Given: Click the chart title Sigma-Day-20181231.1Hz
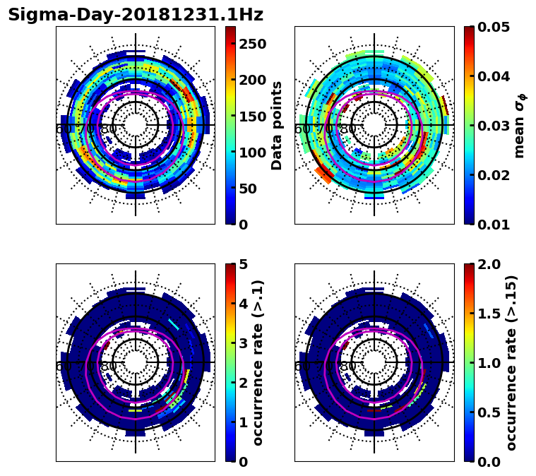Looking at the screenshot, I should pyautogui.click(x=136, y=15).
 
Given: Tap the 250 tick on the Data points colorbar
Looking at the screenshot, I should pyautogui.click(x=253, y=44).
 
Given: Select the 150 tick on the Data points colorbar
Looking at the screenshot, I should pyautogui.click(x=253, y=117).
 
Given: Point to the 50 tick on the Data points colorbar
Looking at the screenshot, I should pyautogui.click(x=248, y=189).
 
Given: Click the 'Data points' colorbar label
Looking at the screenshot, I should pyautogui.click(x=277, y=125).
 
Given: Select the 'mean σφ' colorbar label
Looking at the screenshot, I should pyautogui.click(x=519, y=125).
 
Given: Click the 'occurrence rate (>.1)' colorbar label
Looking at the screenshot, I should pyautogui.click(x=258, y=362).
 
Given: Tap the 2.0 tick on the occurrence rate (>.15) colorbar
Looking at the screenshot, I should pyautogui.click(x=486, y=264).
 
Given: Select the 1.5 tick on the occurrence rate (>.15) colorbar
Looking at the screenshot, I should pyautogui.click(x=486, y=314).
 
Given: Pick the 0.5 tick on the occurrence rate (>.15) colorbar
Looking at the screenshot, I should pyautogui.click(x=486, y=412).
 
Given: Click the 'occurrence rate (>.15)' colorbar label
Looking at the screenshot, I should pyautogui.click(x=511, y=362).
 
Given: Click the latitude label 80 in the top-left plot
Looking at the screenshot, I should pyautogui.click(x=109, y=130).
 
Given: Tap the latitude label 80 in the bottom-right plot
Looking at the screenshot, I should pyautogui.click(x=347, y=367).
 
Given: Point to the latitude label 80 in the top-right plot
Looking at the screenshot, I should pyautogui.click(x=347, y=130).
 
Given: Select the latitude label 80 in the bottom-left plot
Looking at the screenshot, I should pyautogui.click(x=109, y=367).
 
